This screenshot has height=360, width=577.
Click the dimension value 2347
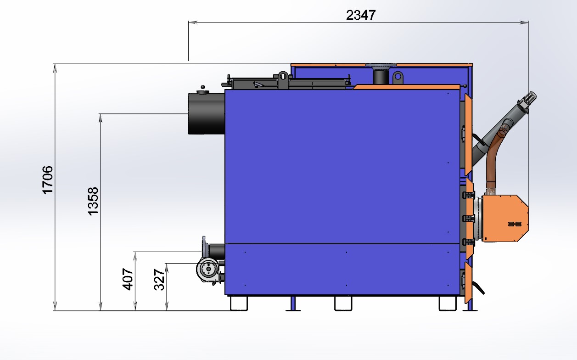pos(361,15)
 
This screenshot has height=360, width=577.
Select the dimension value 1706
pos(48,180)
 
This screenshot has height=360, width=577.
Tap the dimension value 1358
pos(93,201)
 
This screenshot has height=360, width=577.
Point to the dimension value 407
pos(128,279)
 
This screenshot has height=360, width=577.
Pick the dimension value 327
pos(159,280)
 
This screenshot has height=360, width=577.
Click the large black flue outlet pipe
pos(207,113)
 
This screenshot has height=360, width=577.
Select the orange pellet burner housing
pos(504,218)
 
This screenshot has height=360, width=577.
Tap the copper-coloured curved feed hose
pos(493,157)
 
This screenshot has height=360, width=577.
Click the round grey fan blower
pos(208,269)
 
